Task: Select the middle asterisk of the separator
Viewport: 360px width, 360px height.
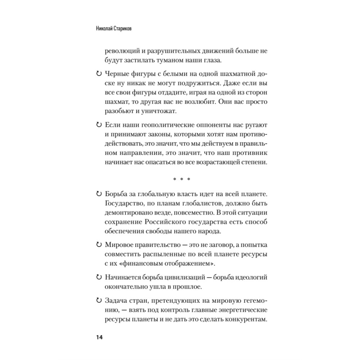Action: coord(181,179)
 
